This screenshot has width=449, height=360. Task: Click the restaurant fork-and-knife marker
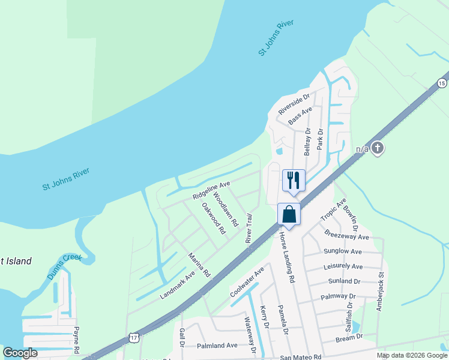pyautogui.click(x=294, y=180)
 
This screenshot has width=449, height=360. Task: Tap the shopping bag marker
pyautogui.click(x=289, y=214)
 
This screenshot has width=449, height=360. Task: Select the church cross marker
pyautogui.click(x=377, y=147)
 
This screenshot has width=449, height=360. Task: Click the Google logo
pyautogui.click(x=20, y=353)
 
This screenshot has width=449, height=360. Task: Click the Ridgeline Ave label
pyautogui.click(x=211, y=191)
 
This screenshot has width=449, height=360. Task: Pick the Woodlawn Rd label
pyautogui.click(x=226, y=209)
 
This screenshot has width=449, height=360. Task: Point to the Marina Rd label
pyautogui.click(x=199, y=265)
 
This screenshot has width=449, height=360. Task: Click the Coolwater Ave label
pyautogui.click(x=247, y=283)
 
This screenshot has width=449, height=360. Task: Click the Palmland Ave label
pyautogui.click(x=217, y=346)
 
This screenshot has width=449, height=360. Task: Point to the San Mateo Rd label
pyautogui.click(x=301, y=357)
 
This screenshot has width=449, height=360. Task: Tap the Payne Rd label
pyautogui.click(x=76, y=339)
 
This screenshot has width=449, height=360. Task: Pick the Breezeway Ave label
pyautogui.click(x=346, y=237)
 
